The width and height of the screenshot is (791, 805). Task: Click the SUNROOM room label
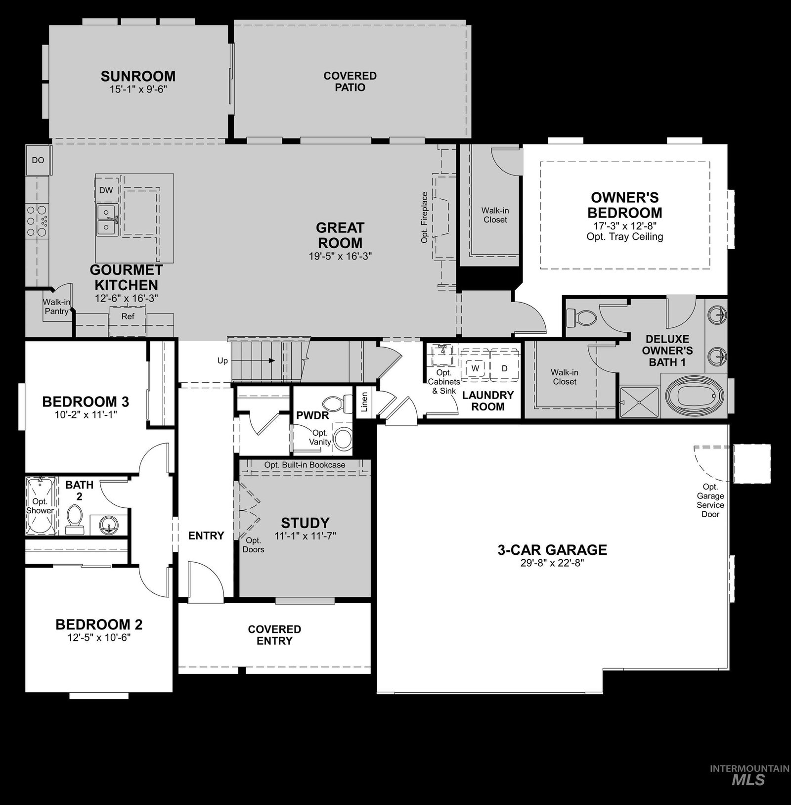[138, 76]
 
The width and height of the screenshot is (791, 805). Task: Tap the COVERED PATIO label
[350, 82]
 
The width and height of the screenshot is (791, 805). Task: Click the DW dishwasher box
[106, 190]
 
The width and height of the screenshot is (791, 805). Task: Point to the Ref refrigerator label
[128, 316]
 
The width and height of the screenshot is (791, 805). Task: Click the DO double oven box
[38, 160]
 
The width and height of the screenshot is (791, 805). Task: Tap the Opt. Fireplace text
[424, 218]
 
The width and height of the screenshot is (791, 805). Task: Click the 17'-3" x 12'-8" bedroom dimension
[625, 225]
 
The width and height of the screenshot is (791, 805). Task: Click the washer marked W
[476, 368]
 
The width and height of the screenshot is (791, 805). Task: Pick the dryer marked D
[504, 368]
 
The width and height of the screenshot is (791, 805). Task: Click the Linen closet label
[365, 402]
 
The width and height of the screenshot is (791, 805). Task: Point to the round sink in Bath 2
[107, 524]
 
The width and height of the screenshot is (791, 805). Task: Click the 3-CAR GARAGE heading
[552, 550]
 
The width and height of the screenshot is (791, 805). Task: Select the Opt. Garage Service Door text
[710, 500]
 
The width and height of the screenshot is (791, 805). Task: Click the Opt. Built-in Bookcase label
[305, 465]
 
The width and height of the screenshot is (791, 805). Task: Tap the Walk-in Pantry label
[56, 307]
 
